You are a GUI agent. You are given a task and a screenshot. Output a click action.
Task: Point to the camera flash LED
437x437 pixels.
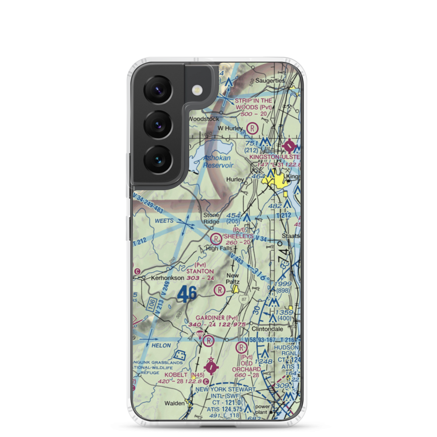(x=198, y=90)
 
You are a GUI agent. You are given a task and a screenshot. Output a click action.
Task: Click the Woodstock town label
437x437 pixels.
(x=203, y=119)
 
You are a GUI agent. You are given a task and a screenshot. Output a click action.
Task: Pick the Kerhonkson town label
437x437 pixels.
(x=166, y=277)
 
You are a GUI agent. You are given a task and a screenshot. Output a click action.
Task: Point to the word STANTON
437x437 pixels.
(x=200, y=271)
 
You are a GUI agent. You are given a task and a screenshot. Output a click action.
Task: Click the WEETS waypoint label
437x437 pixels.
(x=164, y=222)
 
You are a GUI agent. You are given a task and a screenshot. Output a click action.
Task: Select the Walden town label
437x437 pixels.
(x=174, y=403)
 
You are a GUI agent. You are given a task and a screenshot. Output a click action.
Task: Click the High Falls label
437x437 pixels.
(x=218, y=249)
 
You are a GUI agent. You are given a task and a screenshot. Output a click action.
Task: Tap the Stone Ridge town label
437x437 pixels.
(x=212, y=218)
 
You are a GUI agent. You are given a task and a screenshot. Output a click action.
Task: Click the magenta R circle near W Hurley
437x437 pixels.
(x=252, y=128)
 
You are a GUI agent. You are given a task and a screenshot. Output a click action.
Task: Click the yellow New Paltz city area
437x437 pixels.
(x=236, y=289)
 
